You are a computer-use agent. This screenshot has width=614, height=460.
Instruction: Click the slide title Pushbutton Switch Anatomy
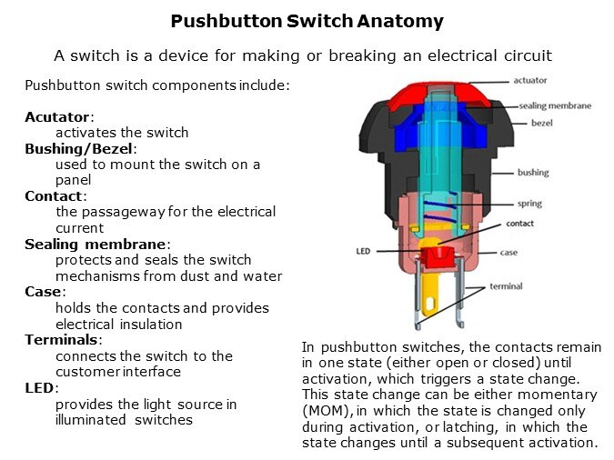[307, 21]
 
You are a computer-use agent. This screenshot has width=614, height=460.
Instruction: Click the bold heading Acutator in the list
[59, 117]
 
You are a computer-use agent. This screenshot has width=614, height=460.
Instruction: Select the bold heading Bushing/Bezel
[80, 148]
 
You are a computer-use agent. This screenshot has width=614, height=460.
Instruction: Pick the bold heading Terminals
[64, 339]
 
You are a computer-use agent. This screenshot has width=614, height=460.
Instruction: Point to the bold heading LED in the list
[42, 387]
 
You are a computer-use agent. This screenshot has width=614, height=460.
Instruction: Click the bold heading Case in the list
[45, 292]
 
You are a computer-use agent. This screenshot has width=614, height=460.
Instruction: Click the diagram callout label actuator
[529, 81]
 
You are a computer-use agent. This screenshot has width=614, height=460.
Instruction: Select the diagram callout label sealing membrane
[555, 105]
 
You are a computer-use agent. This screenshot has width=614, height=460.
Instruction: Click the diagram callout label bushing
[533, 172]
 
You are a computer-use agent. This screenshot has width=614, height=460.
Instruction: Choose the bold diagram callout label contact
[519, 223]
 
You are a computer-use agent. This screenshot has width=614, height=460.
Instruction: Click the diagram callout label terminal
[507, 286]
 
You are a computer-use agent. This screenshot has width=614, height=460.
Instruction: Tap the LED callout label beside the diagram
[363, 250]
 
